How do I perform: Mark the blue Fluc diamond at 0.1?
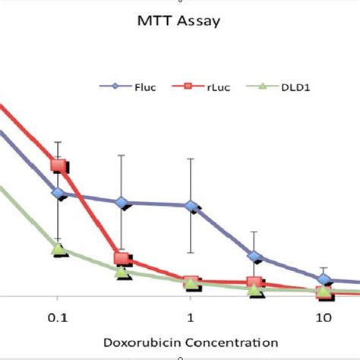coord(58,194)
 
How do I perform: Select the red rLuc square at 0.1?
coord(58,166)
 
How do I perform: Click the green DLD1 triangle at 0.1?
coord(58,249)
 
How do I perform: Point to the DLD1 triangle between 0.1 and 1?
coord(122,271)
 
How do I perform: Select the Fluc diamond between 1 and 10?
coord(256,257)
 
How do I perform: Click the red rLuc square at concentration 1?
coord(191,282)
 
